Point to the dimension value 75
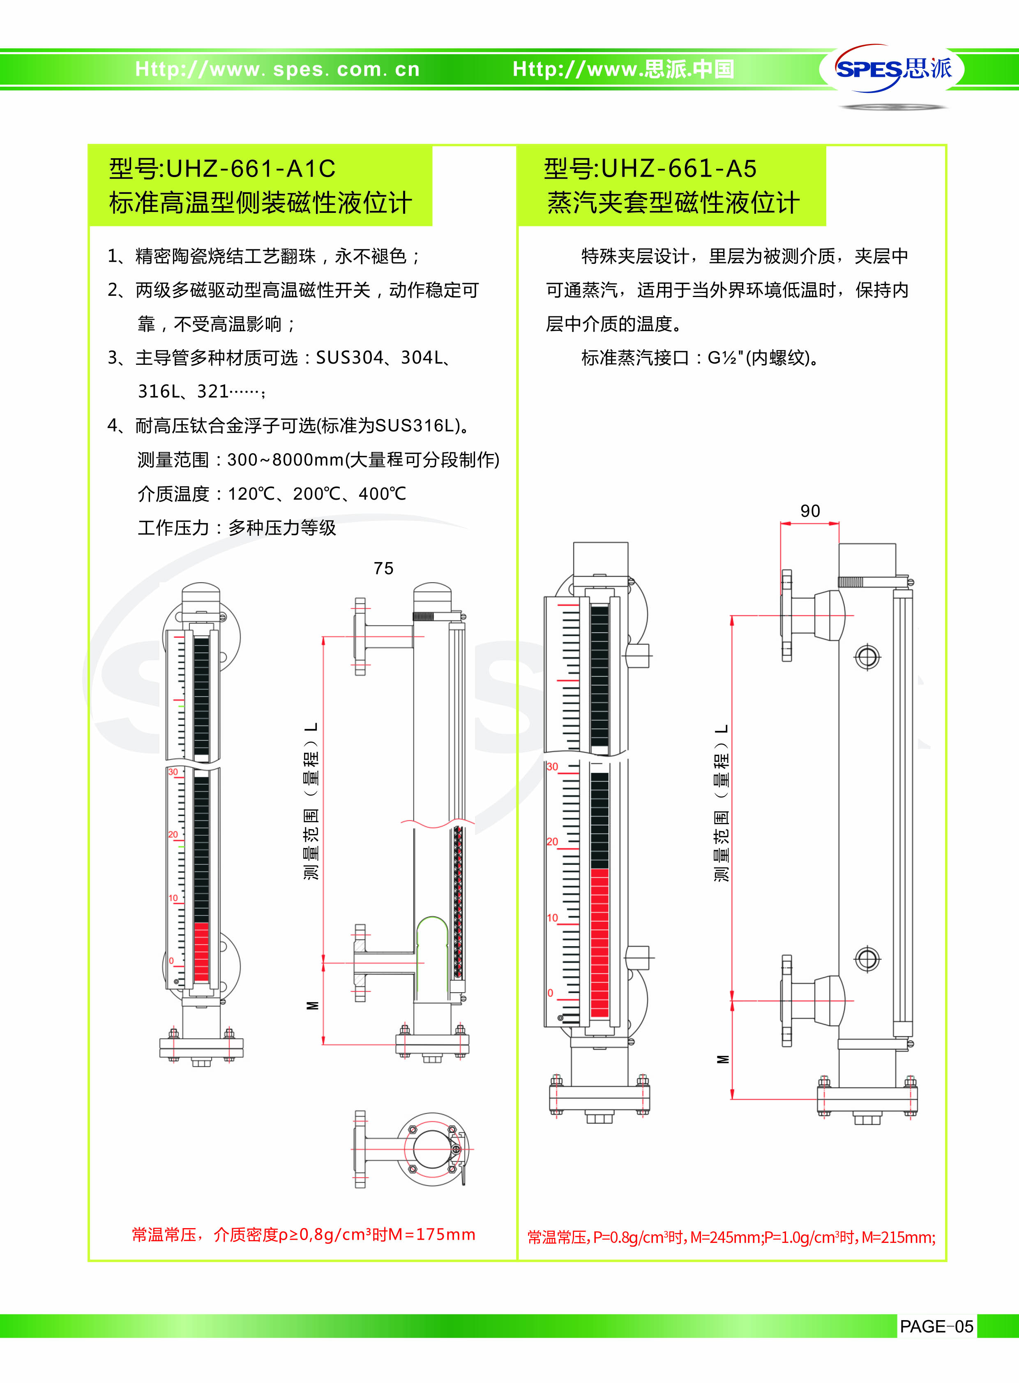tap(383, 568)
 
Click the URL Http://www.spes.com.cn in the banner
tap(278, 69)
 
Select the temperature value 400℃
tap(383, 493)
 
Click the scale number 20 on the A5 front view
tap(552, 841)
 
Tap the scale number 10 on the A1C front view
tap(173, 898)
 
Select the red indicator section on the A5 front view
tap(599, 943)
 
